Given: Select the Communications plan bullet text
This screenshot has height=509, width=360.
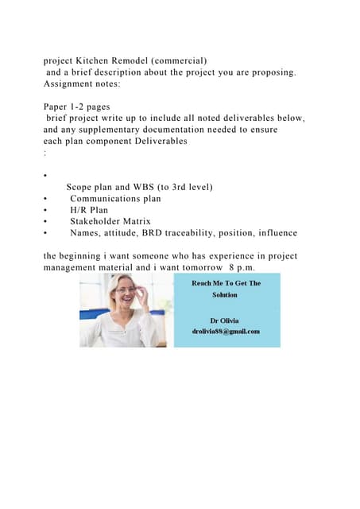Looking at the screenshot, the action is tap(115, 199).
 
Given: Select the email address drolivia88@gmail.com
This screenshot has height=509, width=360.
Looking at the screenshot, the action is tap(226, 331).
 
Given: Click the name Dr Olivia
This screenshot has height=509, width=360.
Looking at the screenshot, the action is tap(225, 320).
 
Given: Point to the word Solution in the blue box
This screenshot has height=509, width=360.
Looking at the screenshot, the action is tap(225, 294).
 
